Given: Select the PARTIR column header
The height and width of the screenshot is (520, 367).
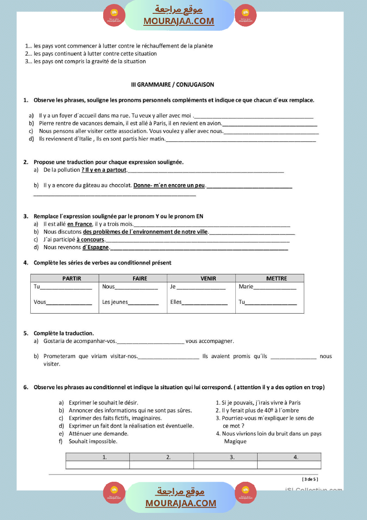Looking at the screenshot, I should coord(72,278).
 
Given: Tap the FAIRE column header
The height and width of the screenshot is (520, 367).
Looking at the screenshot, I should coord(140,278).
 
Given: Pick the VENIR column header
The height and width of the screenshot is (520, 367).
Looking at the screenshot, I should coord(208,278).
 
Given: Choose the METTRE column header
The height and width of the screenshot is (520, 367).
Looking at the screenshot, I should coord(276,278).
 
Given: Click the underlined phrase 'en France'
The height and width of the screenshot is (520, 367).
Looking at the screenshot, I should coord(80,224).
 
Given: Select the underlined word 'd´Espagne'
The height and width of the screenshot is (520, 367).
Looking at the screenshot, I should coord(96,247).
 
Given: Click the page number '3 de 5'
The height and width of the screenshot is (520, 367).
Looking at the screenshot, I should coord(310,479).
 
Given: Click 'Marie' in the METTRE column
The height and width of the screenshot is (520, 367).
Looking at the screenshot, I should coord(246,286).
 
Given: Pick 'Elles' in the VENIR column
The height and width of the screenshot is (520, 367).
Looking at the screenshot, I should coord(176,302).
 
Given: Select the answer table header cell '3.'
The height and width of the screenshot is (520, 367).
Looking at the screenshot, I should coord(232,457).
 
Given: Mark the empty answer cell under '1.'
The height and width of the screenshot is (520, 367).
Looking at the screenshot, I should coord(97,465).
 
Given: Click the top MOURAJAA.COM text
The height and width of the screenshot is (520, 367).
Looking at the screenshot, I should coord(178,21).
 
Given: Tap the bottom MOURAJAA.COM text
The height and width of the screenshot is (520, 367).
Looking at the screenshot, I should coord(181,503).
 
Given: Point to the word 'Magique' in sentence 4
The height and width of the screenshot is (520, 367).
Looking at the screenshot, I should coord(235,441).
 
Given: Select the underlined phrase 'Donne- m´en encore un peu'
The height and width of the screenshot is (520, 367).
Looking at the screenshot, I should coord(169,185).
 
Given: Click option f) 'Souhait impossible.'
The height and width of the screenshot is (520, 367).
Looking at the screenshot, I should coord(93,441).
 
